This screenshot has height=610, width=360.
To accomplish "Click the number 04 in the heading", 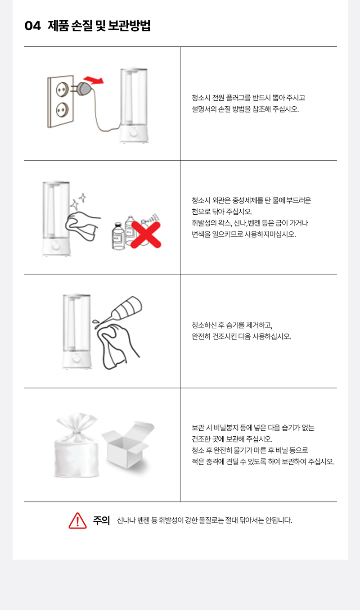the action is [x=32, y=26].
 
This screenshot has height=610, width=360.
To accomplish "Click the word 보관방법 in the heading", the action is [x=129, y=26].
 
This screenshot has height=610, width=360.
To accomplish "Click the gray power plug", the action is [x=84, y=88].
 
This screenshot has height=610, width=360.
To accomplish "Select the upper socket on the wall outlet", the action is [x=62, y=89].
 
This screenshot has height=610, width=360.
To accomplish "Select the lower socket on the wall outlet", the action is [x=62, y=109].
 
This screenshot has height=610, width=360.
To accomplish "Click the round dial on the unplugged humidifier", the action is [x=133, y=133].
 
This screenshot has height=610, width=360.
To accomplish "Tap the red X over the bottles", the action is [x=146, y=235].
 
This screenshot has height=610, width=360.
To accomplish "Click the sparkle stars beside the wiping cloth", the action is [x=78, y=201].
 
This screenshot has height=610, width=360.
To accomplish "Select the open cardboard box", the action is [x=128, y=445].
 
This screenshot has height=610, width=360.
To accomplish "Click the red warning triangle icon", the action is [x=77, y=521].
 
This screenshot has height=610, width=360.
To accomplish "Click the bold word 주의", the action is [x=101, y=520].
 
